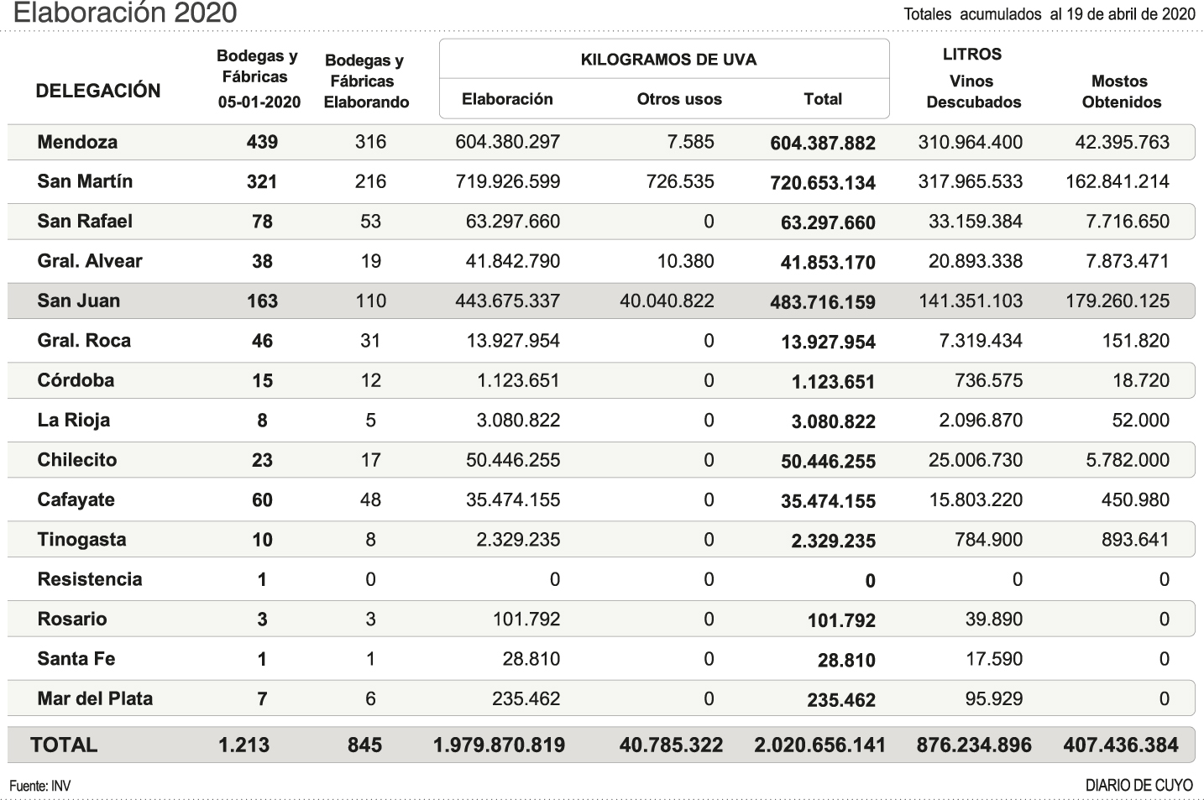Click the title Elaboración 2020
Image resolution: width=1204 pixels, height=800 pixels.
[x=126, y=13]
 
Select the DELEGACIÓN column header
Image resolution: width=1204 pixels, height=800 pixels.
[x=98, y=91]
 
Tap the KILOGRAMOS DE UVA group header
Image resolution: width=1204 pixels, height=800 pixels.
[x=668, y=60]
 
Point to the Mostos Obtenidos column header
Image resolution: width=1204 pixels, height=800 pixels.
[x=1121, y=92]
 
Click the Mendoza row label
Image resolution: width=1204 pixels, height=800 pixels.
[x=77, y=142]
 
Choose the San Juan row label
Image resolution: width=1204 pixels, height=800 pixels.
[x=79, y=301]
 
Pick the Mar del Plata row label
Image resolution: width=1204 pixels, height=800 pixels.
[x=95, y=698]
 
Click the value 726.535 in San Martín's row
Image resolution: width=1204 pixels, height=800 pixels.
[x=680, y=181]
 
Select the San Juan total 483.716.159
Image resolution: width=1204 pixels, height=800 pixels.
[x=822, y=302]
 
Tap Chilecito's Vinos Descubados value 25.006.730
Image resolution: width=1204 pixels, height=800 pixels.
[x=975, y=460]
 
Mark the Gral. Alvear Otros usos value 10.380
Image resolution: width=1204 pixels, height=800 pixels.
[x=685, y=261]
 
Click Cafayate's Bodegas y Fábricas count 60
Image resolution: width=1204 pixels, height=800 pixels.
[x=262, y=500]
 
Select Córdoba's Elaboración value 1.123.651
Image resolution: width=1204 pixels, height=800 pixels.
[x=518, y=380]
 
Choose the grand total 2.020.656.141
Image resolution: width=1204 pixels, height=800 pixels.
[x=819, y=745]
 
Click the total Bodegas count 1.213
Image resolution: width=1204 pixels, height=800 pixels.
[x=243, y=745]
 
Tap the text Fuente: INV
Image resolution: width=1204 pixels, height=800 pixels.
[x=40, y=786]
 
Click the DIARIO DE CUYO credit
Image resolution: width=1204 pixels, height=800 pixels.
[x=1139, y=786]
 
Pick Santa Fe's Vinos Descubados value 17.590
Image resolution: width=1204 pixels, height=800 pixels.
[x=994, y=659]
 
